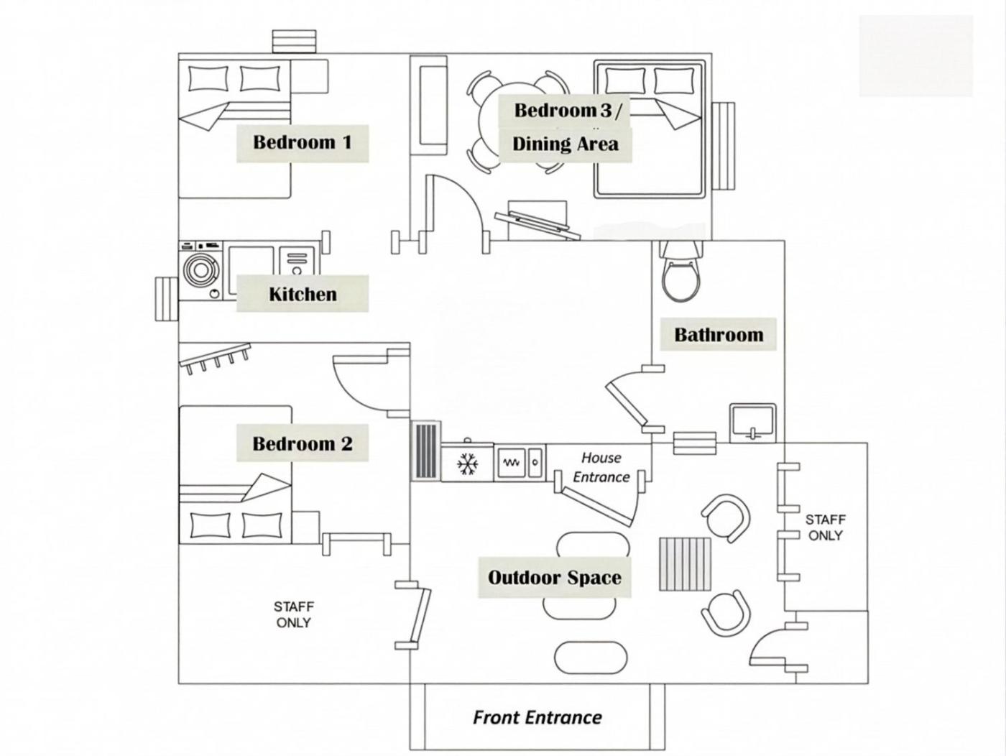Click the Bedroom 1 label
tap(302, 142)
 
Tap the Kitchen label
tap(302, 294)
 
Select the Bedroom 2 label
tap(302, 443)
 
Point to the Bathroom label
tap(718, 334)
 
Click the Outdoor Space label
tap(554, 577)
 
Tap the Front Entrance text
tap(537, 716)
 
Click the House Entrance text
tap(601, 467)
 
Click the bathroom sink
tap(752, 423)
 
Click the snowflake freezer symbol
tap(468, 463)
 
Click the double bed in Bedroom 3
tap(649, 129)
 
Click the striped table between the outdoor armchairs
tap(685, 564)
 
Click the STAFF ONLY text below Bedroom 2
tap(293, 614)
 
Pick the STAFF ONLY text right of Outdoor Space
tap(825, 527)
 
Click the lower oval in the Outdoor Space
tap(591, 657)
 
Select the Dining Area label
tap(565, 144)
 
